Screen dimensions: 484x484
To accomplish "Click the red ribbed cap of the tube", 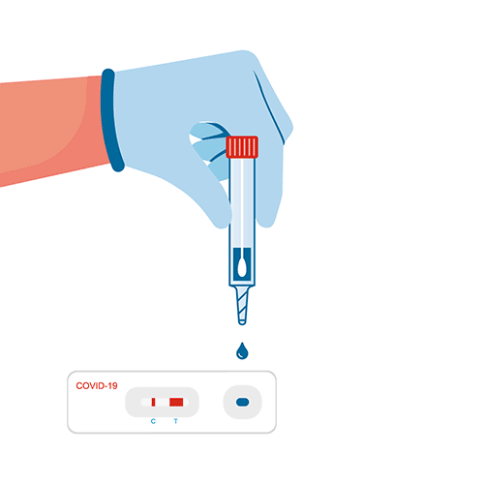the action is tap(242, 147).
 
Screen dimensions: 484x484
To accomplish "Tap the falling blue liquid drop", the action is tap(242, 351).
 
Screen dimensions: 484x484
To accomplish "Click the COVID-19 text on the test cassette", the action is tap(97, 386).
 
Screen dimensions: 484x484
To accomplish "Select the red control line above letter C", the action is tap(153, 402).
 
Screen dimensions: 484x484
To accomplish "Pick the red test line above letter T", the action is tap(176, 402).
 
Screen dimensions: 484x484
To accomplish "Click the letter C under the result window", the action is tap(153, 421).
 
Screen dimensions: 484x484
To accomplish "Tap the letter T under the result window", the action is tap(176, 421).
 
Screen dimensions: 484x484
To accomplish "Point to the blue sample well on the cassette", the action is tap(243, 402).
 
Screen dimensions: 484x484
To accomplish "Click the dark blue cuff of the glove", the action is tap(111, 120).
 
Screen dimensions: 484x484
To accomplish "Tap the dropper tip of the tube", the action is tap(242, 321).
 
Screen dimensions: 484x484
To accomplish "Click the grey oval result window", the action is tap(162, 402).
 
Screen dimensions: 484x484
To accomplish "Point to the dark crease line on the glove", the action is tap(269, 107).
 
